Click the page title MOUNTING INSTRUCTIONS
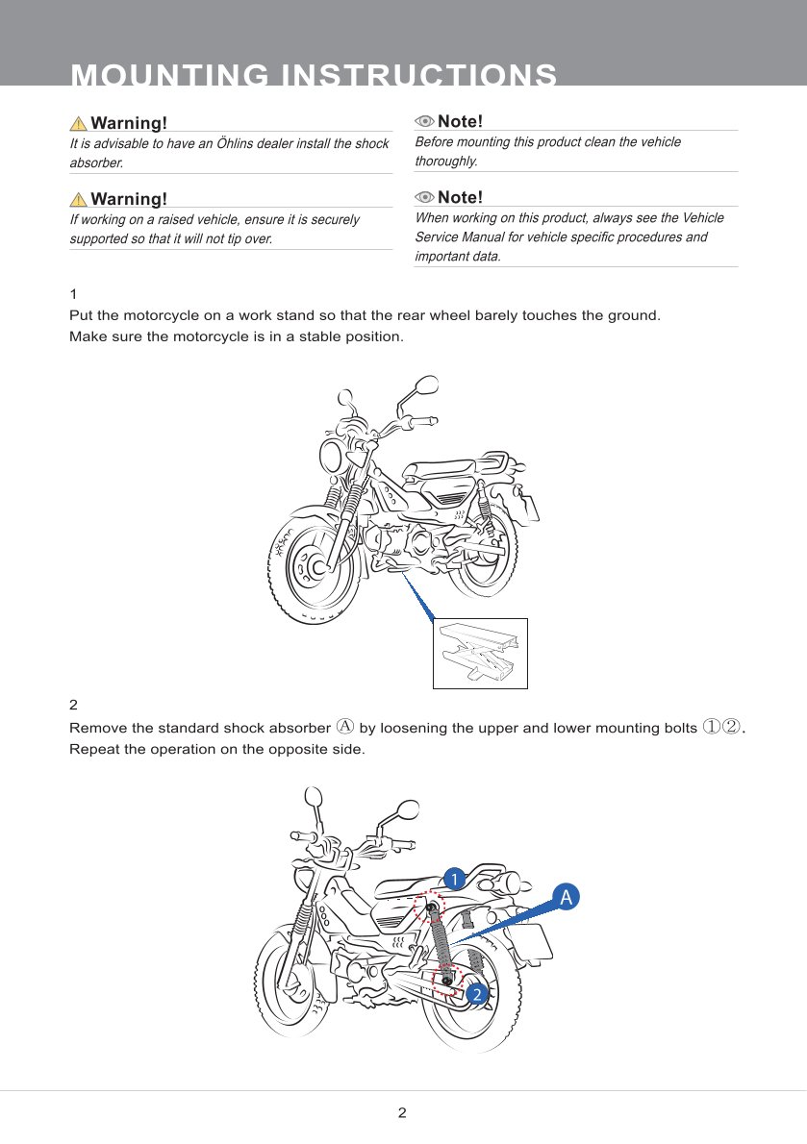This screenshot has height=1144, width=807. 314,75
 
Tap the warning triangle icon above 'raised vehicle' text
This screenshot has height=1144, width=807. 78,200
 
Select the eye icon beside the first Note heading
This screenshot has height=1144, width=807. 424,121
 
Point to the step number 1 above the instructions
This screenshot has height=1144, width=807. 73,293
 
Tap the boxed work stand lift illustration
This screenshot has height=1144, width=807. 480,653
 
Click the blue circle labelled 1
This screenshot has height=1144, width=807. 453,877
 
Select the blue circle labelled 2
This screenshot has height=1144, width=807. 475,995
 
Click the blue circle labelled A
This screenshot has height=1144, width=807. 567,897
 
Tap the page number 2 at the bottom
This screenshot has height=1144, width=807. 402,1113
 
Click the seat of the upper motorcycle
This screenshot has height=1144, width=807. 438,469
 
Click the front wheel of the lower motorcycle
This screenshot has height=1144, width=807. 290,990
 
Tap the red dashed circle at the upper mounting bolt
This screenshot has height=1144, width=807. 429,907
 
